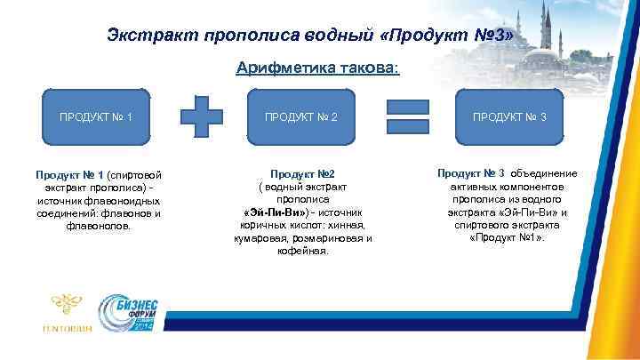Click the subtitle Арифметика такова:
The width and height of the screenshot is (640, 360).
pos(318,68)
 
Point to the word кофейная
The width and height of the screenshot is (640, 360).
pos(302,252)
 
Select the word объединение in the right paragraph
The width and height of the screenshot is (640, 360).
pos(542,173)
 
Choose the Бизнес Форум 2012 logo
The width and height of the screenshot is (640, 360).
pos(132,315)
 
